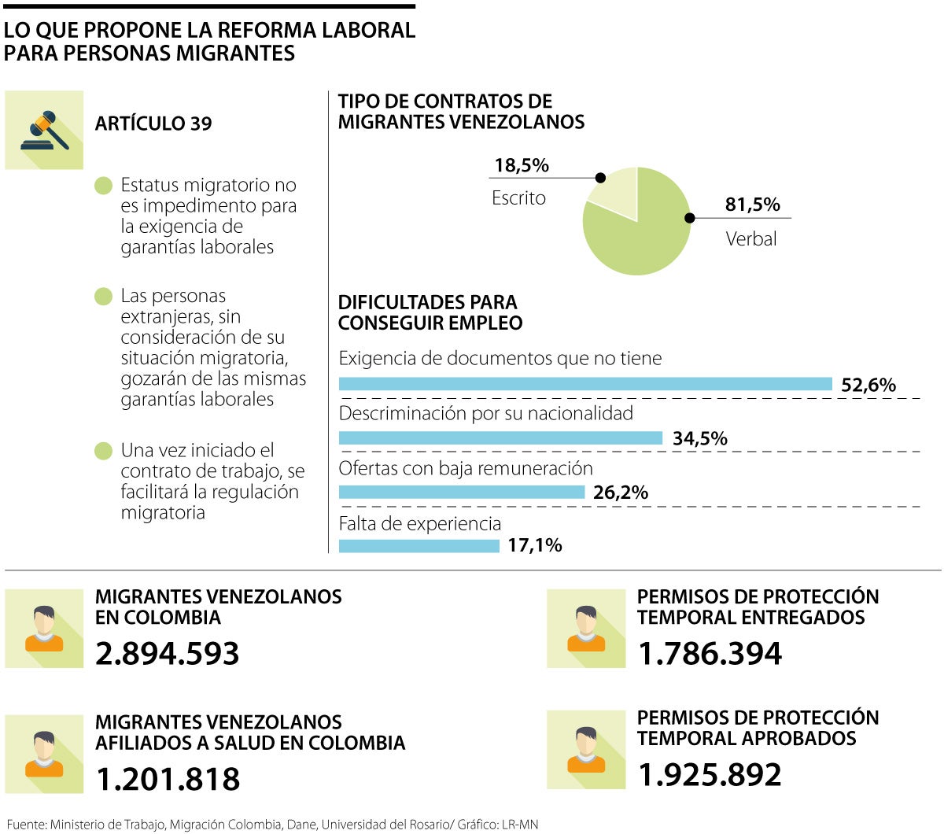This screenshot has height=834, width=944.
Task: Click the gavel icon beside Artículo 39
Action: [x=44, y=130]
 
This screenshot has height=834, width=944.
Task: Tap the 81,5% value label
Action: [x=752, y=205]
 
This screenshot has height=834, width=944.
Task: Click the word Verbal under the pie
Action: [x=750, y=238]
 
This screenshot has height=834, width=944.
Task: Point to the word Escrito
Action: [x=518, y=198]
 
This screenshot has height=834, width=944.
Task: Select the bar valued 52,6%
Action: [x=585, y=384]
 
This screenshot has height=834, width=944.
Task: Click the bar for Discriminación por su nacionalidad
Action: [x=500, y=438]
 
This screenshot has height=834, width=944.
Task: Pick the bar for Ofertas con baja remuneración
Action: [x=462, y=493]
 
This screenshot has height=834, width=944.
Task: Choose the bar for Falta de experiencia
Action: [x=419, y=545]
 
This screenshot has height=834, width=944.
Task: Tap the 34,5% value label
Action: [x=699, y=438]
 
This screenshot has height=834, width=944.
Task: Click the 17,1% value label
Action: [x=534, y=545]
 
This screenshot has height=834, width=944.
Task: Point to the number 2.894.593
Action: [x=167, y=654]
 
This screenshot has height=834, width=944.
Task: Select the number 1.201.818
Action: [x=167, y=779]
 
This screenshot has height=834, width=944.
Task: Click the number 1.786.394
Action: [x=710, y=654]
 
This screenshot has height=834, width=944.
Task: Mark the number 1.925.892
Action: [x=710, y=775]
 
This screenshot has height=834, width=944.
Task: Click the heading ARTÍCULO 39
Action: [x=153, y=124]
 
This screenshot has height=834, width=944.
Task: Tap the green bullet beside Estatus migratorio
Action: [x=103, y=186]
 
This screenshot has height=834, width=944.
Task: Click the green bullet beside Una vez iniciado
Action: [x=103, y=452]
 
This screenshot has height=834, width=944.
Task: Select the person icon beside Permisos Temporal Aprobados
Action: [x=586, y=750]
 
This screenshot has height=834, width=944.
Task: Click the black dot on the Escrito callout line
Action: [x=600, y=178]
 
